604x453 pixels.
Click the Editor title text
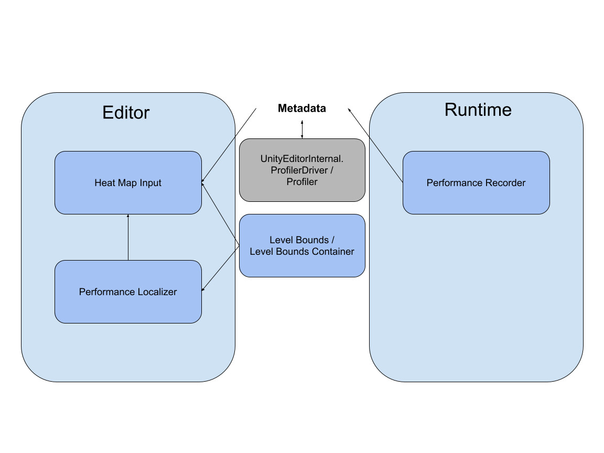coord(126,113)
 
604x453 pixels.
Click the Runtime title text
coord(478,110)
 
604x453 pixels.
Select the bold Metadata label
coord(301,109)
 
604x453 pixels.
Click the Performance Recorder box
coord(476,197)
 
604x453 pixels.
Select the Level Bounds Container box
coord(302,265)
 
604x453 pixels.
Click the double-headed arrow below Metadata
coord(302,129)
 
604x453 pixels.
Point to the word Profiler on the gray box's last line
coord(302,182)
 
